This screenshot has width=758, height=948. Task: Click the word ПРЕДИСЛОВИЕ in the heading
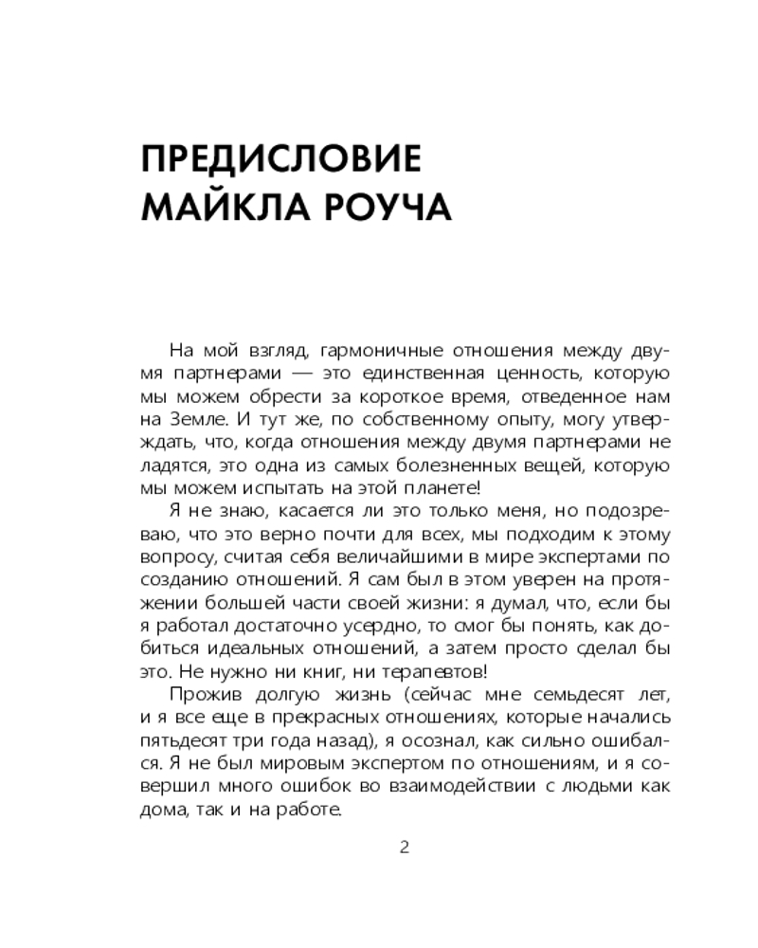280,158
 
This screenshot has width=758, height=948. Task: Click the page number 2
405,847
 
